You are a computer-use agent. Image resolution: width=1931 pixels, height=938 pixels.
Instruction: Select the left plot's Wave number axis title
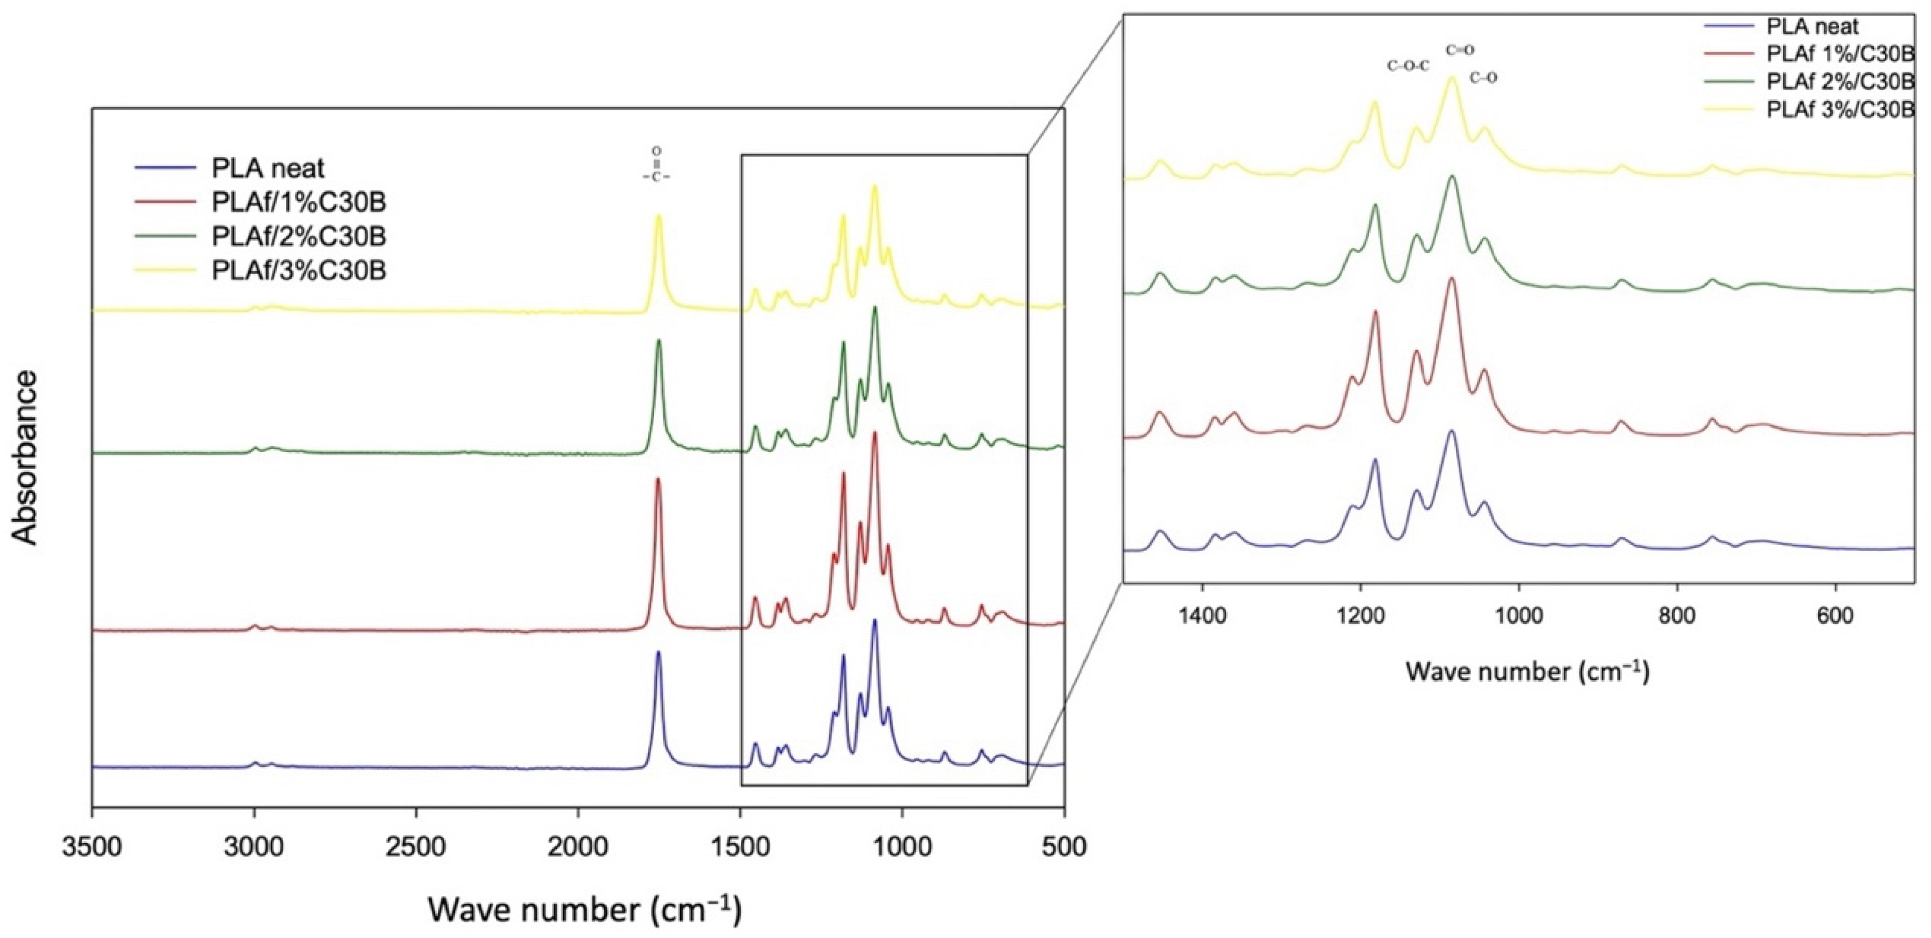click(585, 909)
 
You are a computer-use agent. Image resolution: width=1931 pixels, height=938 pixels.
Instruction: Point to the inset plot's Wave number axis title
click(1527, 671)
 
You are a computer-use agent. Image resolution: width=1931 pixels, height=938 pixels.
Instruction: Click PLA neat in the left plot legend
click(267, 167)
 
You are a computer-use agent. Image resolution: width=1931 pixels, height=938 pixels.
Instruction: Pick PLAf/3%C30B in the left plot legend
click(298, 269)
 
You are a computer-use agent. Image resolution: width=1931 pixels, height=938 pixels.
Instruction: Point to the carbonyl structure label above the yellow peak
click(656, 165)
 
